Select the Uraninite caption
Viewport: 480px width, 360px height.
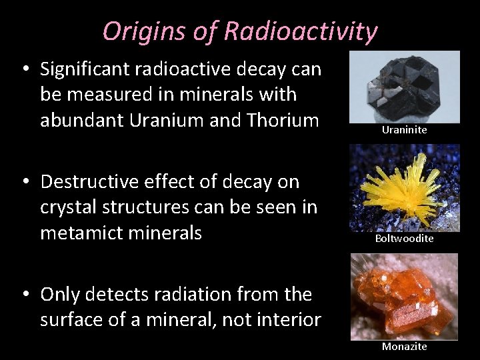pyautogui.click(x=404, y=130)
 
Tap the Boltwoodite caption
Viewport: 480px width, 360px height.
pyautogui.click(x=404, y=238)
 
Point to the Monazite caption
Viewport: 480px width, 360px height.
pyautogui.click(x=404, y=346)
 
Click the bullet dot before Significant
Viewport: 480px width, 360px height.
pyautogui.click(x=25, y=69)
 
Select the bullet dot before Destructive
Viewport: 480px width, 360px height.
pyautogui.click(x=25, y=182)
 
